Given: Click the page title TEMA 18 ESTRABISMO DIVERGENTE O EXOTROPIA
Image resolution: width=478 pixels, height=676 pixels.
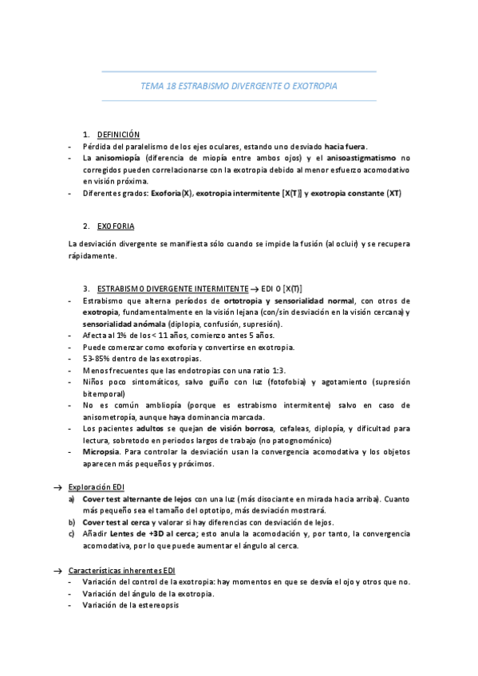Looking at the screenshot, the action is (239, 85).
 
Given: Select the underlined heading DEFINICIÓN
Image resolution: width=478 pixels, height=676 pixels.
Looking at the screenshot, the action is (118, 135).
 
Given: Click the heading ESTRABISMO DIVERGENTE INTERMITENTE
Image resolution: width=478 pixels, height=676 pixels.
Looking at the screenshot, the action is (172, 288).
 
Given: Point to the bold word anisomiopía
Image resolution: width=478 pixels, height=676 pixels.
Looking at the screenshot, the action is (114, 158).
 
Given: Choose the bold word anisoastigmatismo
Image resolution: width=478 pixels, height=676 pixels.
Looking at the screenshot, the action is (359, 158).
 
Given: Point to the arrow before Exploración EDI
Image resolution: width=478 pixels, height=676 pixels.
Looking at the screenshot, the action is (57, 486).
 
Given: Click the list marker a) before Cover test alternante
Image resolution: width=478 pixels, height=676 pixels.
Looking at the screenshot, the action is (72, 499).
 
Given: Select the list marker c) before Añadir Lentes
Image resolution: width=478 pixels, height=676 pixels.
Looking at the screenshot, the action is (72, 533).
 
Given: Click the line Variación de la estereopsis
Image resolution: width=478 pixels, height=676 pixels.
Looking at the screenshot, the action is (130, 605).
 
